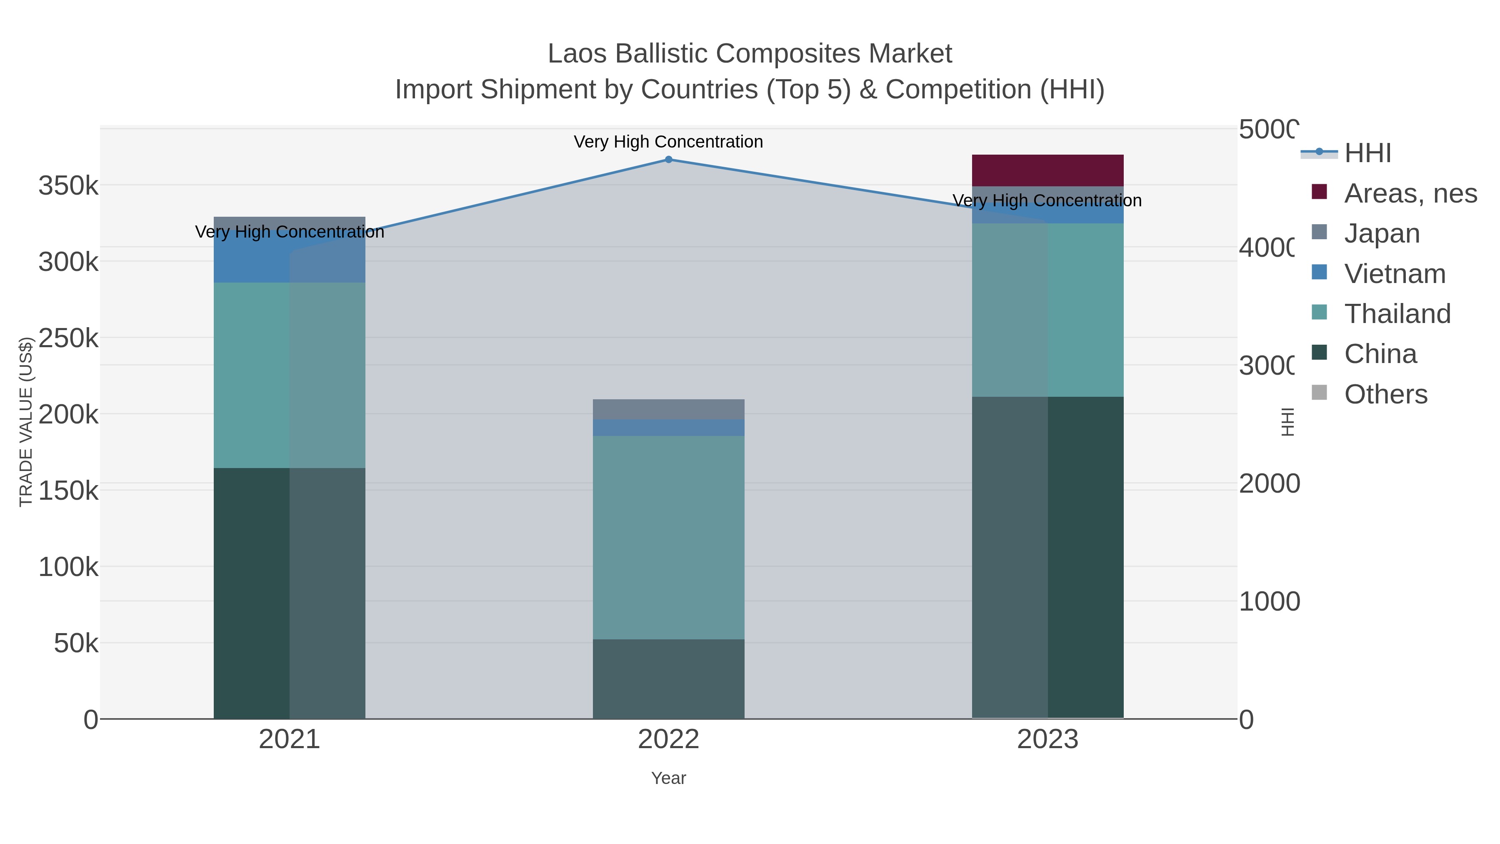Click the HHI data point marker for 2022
point(668,160)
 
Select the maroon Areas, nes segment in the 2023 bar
point(1047,170)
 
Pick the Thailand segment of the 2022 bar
point(668,537)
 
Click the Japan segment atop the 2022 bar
point(668,409)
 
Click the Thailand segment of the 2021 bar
point(290,375)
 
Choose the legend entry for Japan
point(1381,233)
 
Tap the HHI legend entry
point(1367,153)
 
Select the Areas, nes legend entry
point(1409,193)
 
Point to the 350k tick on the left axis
point(69,186)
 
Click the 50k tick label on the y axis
point(76,644)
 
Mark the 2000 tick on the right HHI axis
point(1269,483)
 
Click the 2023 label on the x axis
point(1047,740)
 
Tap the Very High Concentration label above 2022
point(668,142)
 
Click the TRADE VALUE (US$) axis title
point(25,422)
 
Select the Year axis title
point(668,778)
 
